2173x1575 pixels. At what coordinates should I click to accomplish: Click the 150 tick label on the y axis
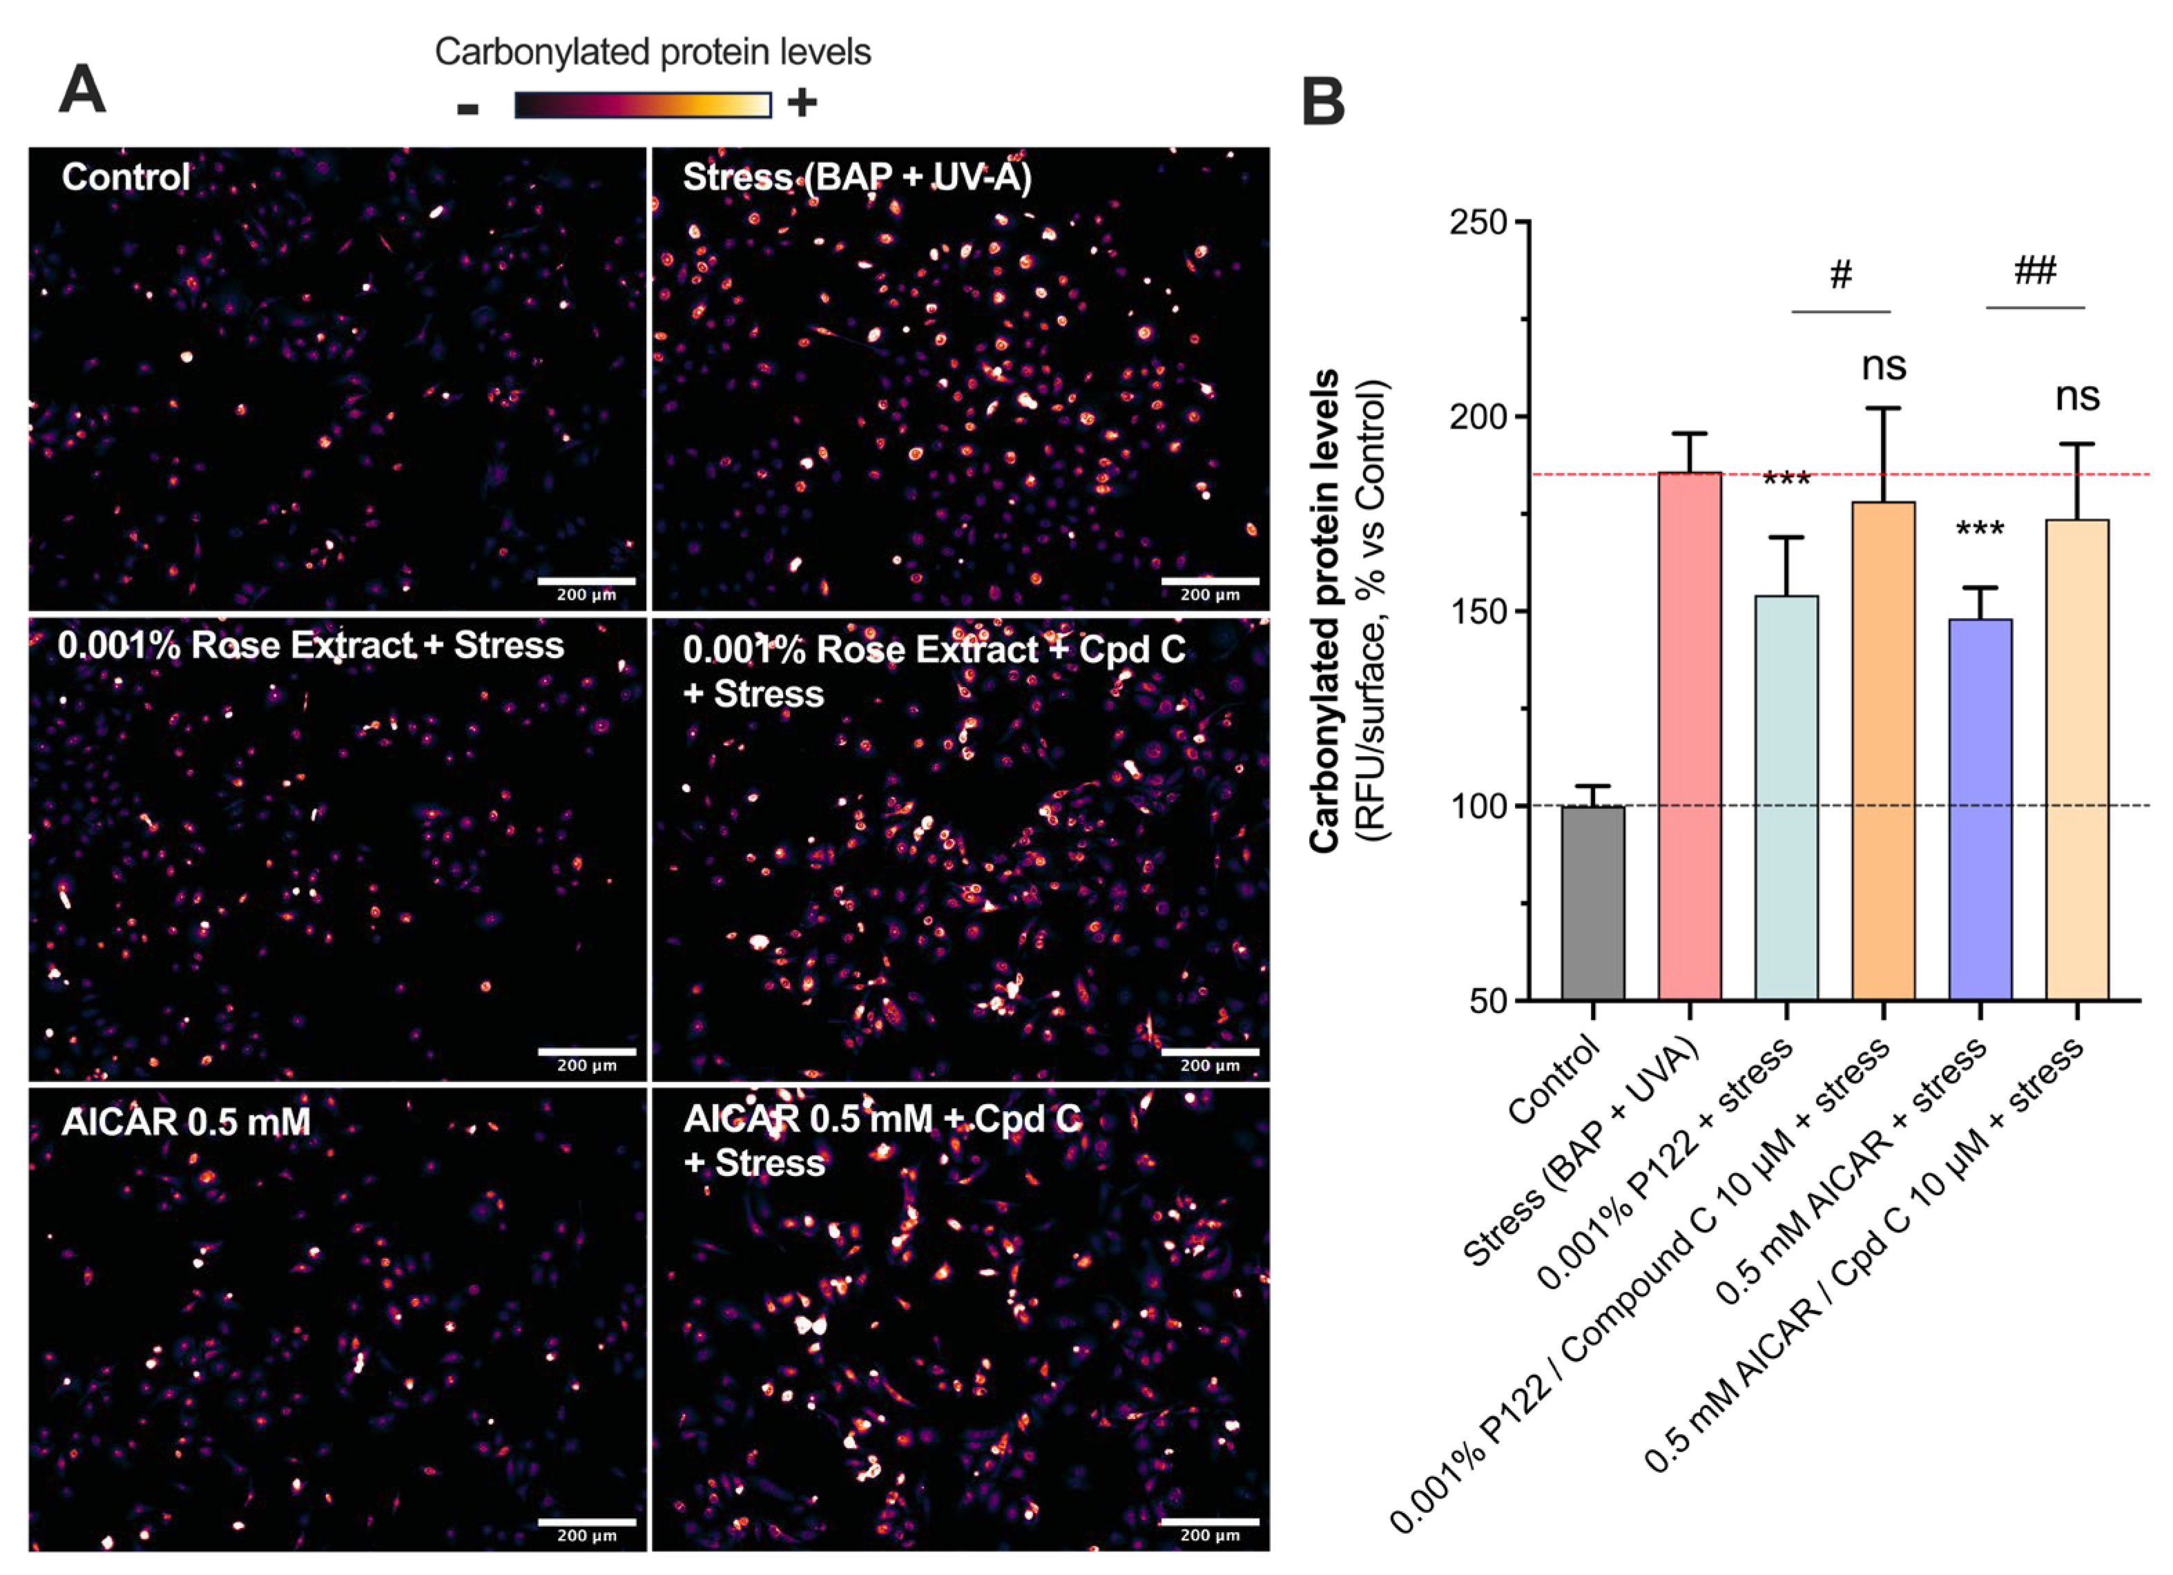click(1478, 611)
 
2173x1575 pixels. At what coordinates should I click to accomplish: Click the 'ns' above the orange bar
click(1884, 366)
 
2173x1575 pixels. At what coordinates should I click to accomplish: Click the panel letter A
click(82, 92)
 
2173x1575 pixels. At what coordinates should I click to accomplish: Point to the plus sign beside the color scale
click(802, 102)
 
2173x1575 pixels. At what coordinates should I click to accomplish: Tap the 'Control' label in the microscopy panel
click(126, 177)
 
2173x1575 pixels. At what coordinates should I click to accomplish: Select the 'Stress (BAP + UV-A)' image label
click(856, 178)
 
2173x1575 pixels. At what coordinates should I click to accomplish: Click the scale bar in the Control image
click(586, 581)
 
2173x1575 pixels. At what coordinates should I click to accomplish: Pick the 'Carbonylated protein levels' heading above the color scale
click(653, 52)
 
